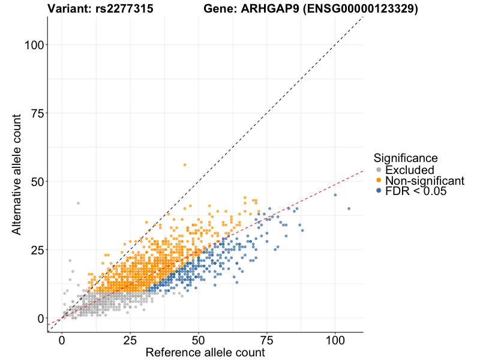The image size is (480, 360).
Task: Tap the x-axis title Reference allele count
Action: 205,352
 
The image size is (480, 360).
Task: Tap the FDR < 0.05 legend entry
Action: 416,191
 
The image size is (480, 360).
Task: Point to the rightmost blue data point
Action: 349,209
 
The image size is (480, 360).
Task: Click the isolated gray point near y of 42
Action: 78,203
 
